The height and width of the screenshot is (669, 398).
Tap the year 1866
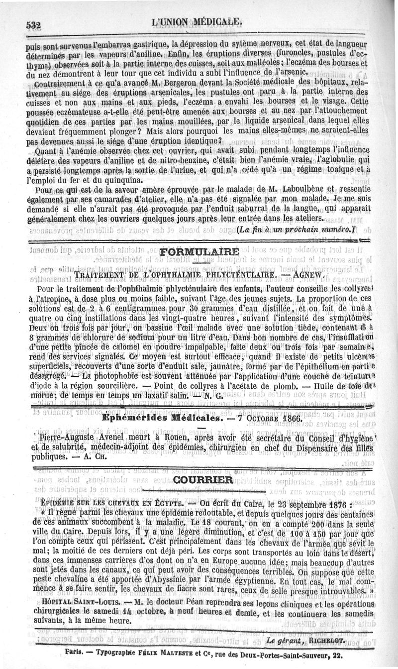[288, 419]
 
